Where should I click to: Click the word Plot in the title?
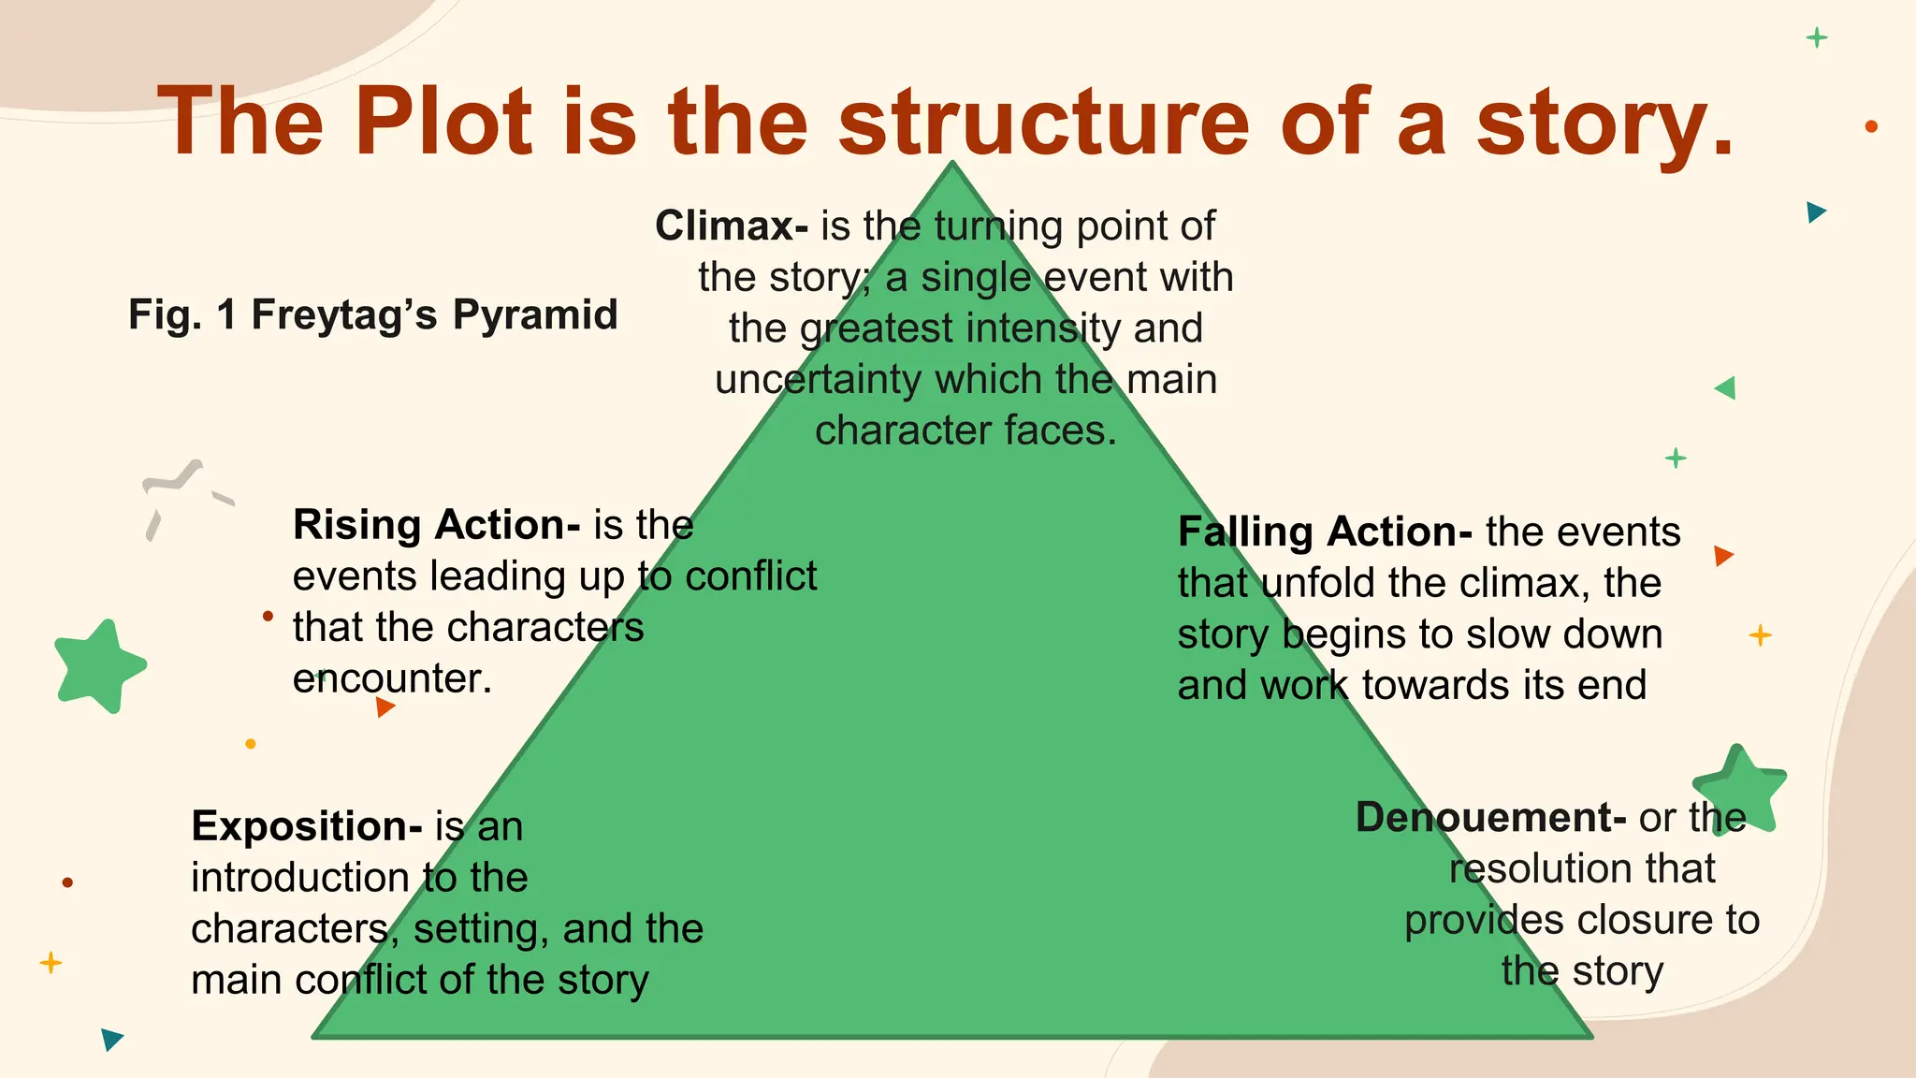click(x=443, y=122)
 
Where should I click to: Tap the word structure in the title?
click(x=1044, y=122)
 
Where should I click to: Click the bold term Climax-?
click(x=731, y=226)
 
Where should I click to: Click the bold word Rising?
click(x=356, y=525)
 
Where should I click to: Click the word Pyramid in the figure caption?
click(x=535, y=314)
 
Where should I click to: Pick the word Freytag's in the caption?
click(x=344, y=314)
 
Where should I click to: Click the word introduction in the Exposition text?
click(x=299, y=878)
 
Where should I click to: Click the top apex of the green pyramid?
click(x=952, y=165)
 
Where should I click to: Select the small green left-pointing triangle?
click(x=1727, y=387)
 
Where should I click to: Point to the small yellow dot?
click(x=251, y=744)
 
